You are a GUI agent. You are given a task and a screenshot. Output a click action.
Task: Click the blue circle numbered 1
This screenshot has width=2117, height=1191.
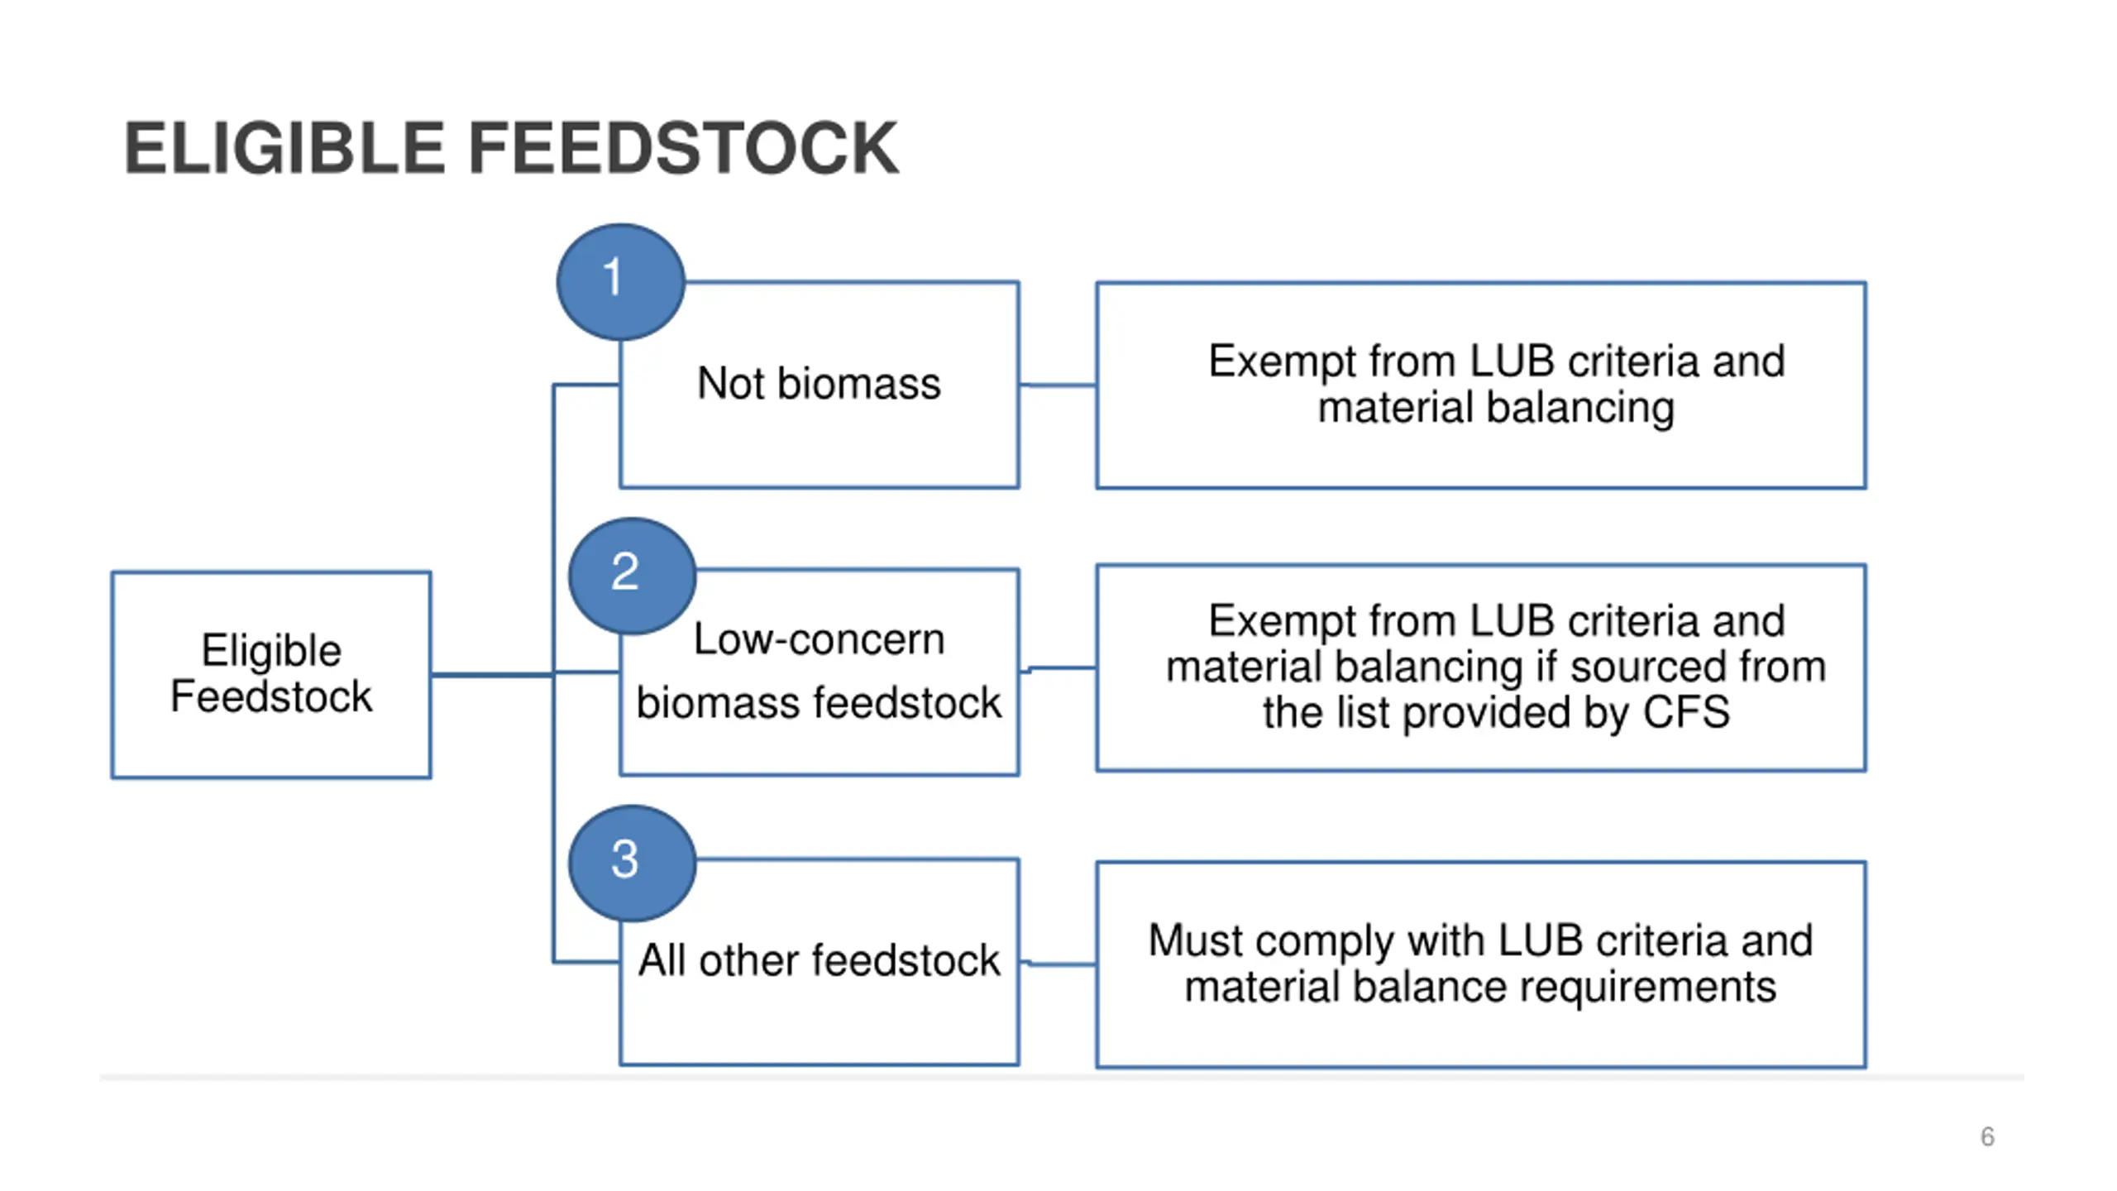point(620,282)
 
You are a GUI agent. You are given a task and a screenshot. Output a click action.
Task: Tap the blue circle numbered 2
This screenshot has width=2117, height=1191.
point(633,576)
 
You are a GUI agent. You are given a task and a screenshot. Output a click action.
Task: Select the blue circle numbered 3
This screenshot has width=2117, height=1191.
point(633,863)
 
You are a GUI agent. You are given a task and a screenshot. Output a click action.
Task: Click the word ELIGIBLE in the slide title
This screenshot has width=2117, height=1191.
point(285,148)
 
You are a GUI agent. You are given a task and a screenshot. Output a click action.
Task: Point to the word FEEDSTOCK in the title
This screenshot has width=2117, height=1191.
point(684,148)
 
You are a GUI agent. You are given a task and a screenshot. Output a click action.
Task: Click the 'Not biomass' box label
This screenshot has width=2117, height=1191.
point(819,384)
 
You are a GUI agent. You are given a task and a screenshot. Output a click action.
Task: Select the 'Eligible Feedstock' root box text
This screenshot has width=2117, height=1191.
point(271,672)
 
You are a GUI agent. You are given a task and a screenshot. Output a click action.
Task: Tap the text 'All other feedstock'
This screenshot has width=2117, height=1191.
point(819,960)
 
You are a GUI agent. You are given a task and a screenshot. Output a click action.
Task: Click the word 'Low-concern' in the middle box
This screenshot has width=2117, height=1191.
point(819,639)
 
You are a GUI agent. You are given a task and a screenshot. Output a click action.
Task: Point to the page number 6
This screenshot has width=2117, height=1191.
point(1987,1136)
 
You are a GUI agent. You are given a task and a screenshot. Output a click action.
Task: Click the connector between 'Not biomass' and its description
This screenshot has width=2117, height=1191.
point(1058,385)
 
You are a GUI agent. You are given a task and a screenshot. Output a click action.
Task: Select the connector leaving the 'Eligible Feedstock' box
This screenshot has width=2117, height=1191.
point(492,675)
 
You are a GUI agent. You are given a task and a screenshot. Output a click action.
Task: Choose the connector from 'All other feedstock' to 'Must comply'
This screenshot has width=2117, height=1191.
point(1059,963)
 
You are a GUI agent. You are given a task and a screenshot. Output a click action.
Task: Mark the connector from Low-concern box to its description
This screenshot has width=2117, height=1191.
point(1059,668)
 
